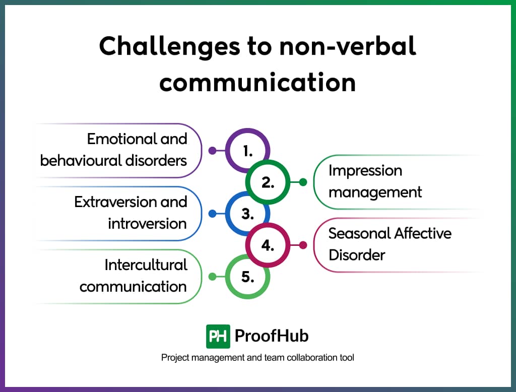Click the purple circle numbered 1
pos(247,150)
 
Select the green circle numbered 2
pos(268,182)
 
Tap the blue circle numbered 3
pos(247,214)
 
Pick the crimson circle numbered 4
pos(268,245)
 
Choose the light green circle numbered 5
pos(247,277)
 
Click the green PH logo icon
pos(218,336)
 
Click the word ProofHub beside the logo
pos(272,336)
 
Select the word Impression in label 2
pos(365,171)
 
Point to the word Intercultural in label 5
pos(146,265)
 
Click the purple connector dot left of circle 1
pos(212,150)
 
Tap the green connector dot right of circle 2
pos(303,182)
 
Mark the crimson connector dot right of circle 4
pos(303,245)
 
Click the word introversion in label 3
pos(147,224)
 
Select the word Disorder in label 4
pos(357,255)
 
